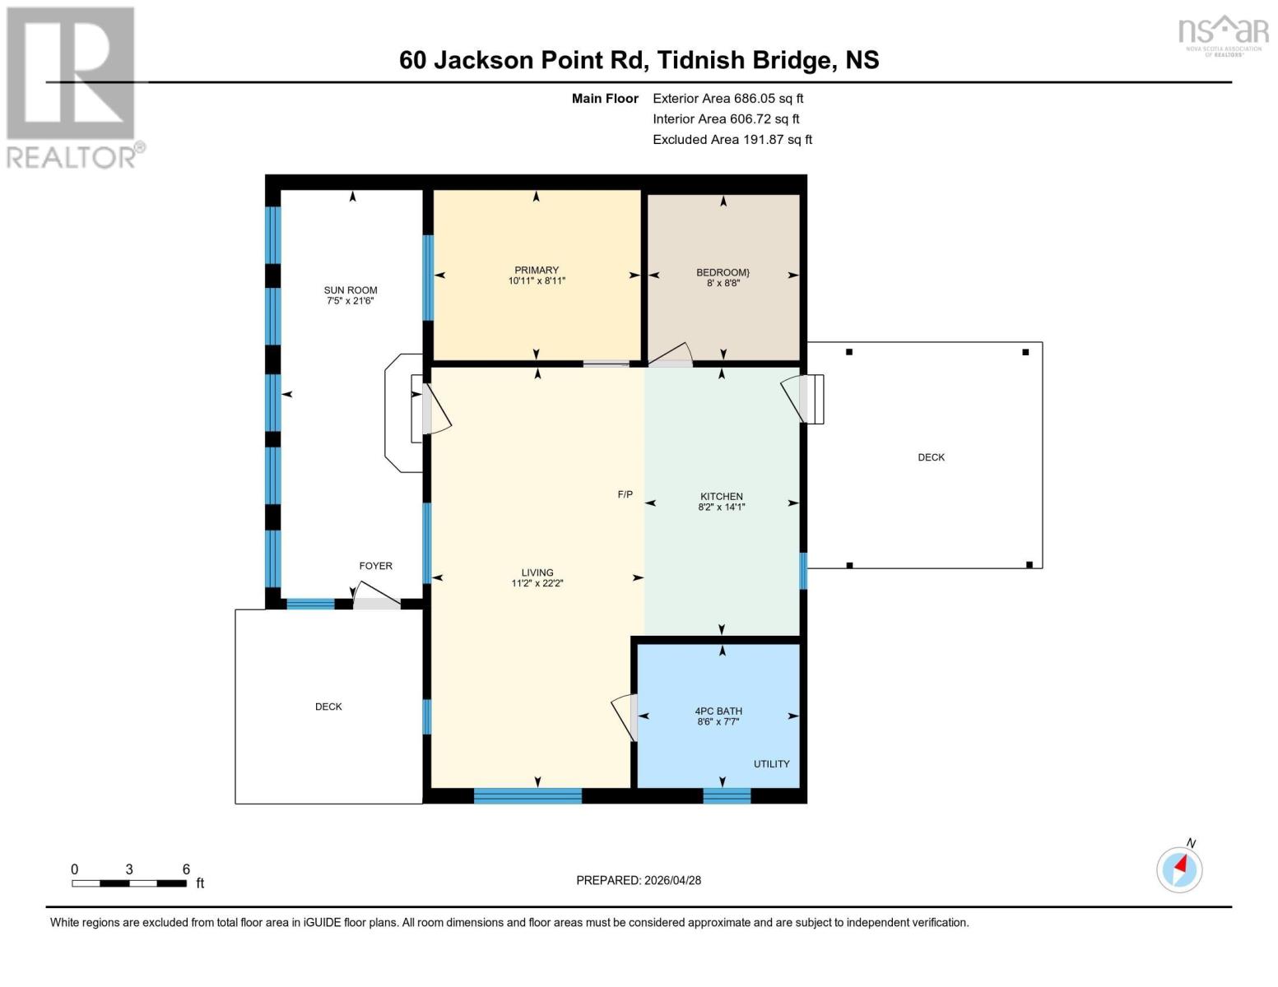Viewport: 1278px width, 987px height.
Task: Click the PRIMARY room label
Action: click(537, 270)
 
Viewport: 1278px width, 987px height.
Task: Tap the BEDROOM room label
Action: click(723, 272)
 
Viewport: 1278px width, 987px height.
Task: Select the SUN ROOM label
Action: click(351, 290)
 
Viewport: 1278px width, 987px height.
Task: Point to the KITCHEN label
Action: click(722, 497)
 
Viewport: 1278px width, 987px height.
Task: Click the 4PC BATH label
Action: click(718, 711)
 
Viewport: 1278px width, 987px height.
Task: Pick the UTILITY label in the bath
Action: click(771, 764)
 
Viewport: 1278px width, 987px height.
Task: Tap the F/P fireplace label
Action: click(625, 494)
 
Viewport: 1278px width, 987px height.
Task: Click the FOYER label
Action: click(375, 566)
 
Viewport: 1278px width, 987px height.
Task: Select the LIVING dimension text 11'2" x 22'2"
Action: click(537, 584)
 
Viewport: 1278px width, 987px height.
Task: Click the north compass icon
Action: click(1179, 869)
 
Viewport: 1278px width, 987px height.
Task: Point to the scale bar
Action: click(129, 883)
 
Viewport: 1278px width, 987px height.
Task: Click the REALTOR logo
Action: click(72, 86)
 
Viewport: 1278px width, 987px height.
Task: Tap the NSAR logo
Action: click(1223, 34)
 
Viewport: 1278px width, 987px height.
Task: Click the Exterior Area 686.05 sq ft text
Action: click(727, 98)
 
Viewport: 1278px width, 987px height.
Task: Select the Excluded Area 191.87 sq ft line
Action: click(732, 140)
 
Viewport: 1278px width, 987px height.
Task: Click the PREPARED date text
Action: click(639, 880)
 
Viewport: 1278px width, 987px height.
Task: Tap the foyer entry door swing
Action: click(376, 595)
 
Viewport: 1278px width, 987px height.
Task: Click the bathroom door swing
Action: click(625, 716)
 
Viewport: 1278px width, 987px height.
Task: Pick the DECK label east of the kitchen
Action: click(931, 457)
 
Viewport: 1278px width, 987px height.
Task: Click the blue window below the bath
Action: click(727, 795)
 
